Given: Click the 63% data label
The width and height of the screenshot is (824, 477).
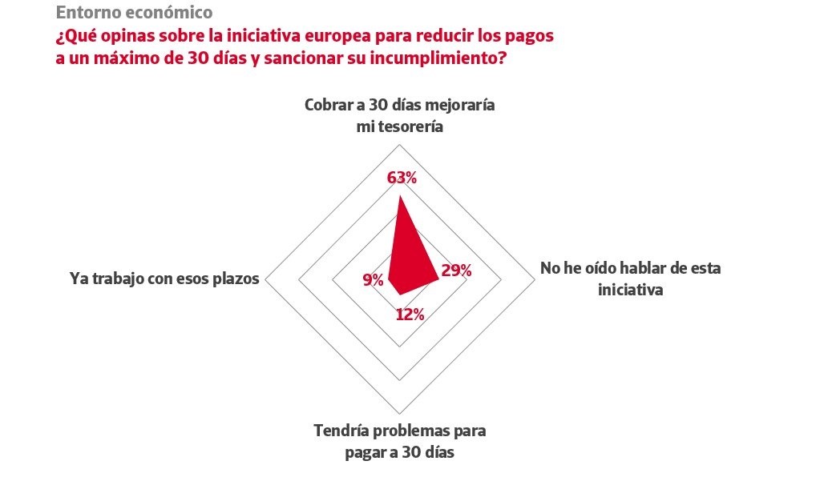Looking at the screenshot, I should [402, 178].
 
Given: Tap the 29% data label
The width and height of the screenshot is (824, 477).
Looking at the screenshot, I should [456, 271].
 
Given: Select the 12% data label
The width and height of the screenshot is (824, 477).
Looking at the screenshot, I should [410, 315].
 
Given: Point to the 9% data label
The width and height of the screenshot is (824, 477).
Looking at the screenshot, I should [373, 279].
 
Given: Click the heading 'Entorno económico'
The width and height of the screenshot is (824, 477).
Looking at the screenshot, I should [135, 13].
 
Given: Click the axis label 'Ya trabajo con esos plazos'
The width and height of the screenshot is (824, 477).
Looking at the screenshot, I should [165, 279].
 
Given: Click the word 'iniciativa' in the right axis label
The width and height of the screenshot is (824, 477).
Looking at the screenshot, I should [630, 289].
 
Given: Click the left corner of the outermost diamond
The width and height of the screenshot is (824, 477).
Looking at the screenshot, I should [265, 280].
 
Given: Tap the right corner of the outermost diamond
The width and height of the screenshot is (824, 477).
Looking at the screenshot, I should [535, 280].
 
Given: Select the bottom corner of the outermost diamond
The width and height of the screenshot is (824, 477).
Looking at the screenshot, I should [400, 414].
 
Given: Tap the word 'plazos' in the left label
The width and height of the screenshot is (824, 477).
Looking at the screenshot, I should [236, 279].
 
